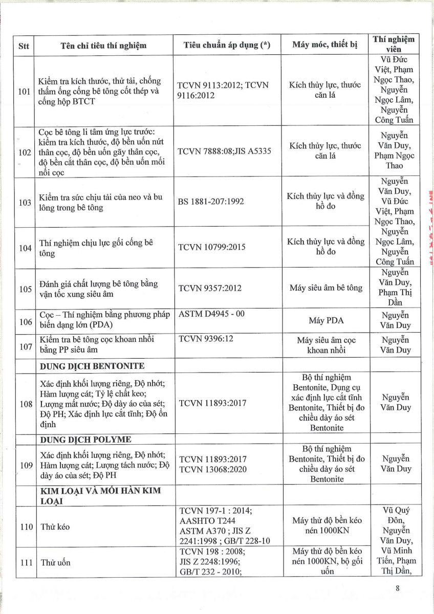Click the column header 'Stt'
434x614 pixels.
click(x=24, y=45)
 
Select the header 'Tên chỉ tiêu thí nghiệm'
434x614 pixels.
click(x=103, y=45)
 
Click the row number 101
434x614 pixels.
click(x=25, y=91)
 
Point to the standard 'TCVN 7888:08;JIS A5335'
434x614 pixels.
click(x=224, y=151)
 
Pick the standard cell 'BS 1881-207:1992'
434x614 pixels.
click(x=211, y=202)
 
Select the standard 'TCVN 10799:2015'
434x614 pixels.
click(x=211, y=247)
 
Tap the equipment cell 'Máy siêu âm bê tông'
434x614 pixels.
click(x=325, y=288)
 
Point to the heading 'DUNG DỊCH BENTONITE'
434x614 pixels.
click(x=92, y=366)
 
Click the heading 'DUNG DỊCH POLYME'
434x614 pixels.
click(x=85, y=440)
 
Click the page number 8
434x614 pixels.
click(x=397, y=588)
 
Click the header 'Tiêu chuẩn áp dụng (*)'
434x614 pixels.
click(x=227, y=45)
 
